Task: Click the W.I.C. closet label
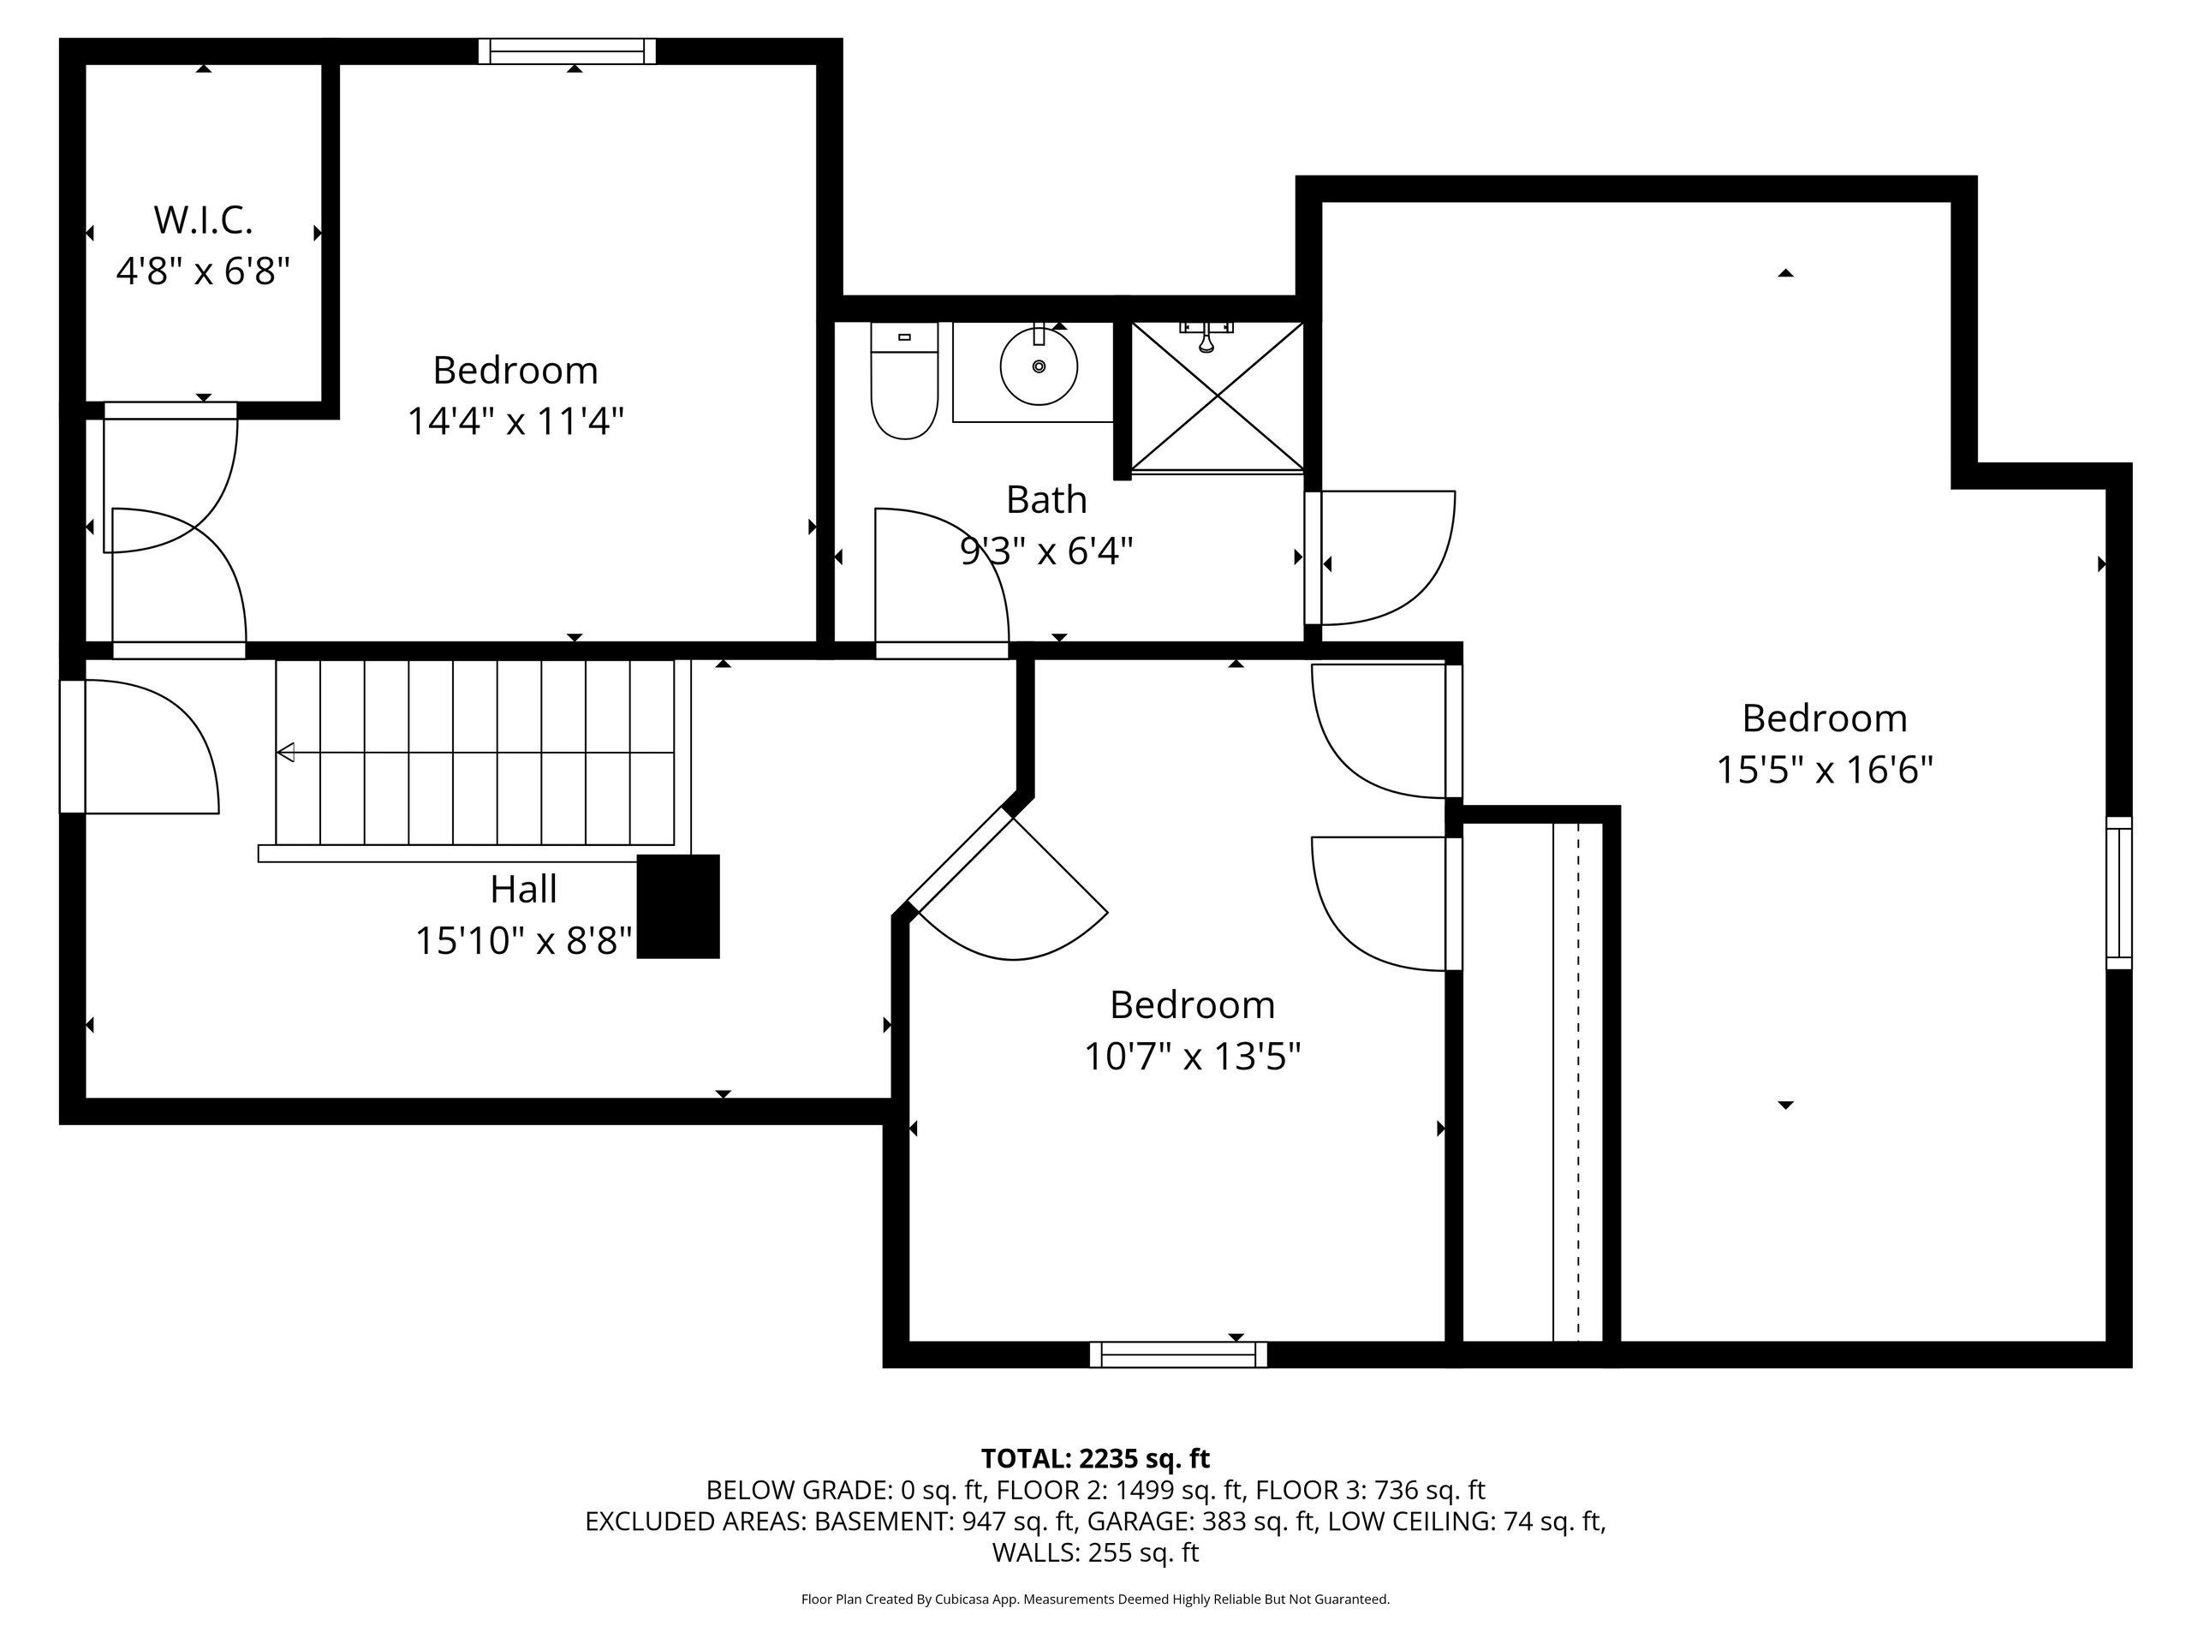[203, 220]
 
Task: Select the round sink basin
[1039, 366]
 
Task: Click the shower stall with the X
[1218, 396]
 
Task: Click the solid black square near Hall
[678, 907]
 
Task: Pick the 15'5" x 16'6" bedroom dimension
[1825, 770]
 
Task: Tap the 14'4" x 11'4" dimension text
[515, 421]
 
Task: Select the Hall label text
[523, 889]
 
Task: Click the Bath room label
[1046, 499]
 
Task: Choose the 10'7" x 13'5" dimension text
[1192, 1057]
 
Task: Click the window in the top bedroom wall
[568, 51]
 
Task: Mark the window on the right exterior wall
[2118, 893]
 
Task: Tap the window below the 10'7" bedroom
[1178, 1355]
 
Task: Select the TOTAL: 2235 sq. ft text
[1095, 1459]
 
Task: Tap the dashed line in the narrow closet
[1579, 1079]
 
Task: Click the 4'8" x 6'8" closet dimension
[203, 271]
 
